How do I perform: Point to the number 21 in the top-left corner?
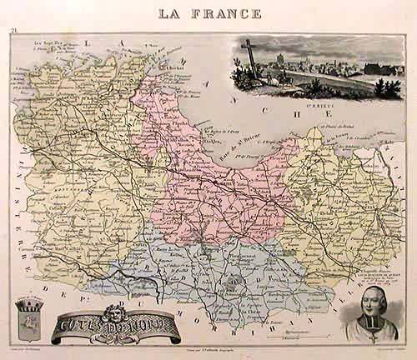point(15,32)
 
